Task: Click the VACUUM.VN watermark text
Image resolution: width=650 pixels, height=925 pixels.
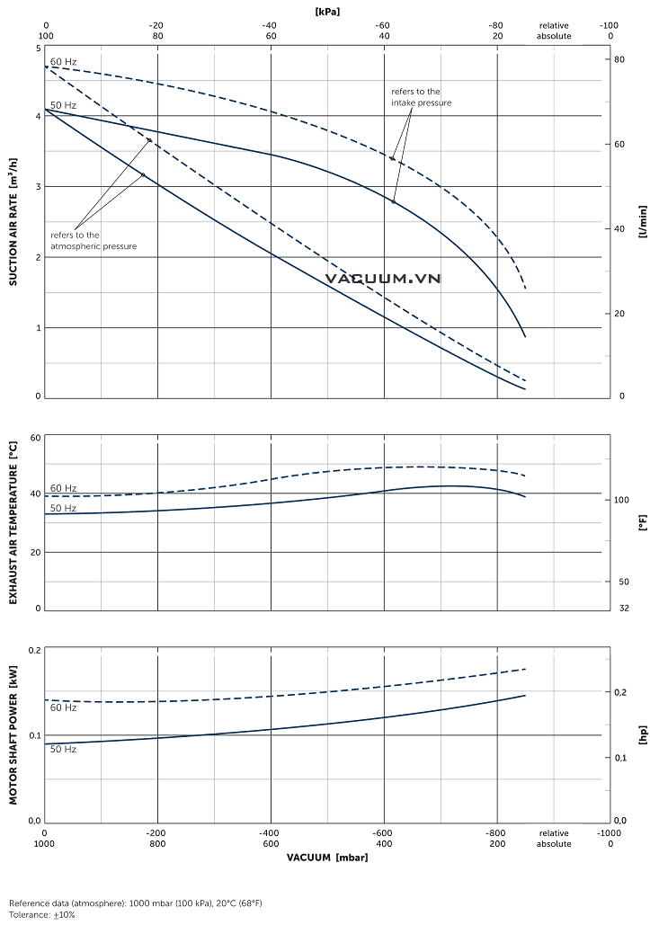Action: (383, 279)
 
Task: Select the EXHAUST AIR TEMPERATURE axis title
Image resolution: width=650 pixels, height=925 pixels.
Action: (13, 522)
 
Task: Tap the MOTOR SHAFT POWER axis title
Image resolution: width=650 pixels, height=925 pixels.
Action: (13, 735)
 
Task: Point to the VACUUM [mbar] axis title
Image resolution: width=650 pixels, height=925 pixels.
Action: (327, 857)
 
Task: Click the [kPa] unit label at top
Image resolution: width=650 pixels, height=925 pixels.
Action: (326, 12)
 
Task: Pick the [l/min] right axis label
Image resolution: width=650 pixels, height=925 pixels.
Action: (642, 219)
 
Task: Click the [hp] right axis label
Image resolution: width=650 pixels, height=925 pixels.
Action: (642, 735)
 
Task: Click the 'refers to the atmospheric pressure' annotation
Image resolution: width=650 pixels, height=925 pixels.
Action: (93, 240)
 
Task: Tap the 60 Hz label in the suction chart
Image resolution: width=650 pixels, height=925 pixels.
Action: (63, 61)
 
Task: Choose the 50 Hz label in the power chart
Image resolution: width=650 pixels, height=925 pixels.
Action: (63, 748)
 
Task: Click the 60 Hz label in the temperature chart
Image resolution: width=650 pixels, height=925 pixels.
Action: (63, 487)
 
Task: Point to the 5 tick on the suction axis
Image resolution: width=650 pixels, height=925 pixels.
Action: (38, 48)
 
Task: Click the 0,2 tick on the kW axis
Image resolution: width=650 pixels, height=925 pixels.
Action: (34, 649)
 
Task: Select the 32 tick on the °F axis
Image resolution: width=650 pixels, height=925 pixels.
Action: (623, 609)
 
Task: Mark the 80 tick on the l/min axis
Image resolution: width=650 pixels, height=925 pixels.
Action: (619, 58)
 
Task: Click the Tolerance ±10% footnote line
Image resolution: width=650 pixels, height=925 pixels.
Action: (42, 914)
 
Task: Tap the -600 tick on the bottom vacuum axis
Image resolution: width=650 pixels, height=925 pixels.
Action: (383, 832)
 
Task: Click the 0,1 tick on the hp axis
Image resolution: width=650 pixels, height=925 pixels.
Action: (619, 758)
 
